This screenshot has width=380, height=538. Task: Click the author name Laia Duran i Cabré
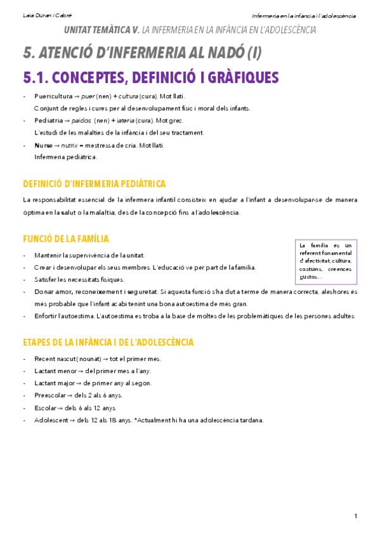(42, 15)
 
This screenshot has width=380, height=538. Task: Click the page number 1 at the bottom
(356, 515)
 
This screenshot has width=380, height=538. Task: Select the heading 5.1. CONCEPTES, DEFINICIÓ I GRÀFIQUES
(150, 77)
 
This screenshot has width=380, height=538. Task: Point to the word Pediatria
(49, 121)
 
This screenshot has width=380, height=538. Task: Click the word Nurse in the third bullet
(43, 145)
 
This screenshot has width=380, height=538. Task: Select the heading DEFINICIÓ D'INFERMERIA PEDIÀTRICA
(94, 184)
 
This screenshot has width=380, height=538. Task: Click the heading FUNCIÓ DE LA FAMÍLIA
(65, 239)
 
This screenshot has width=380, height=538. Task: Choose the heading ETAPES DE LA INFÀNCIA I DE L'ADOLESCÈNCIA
(108, 342)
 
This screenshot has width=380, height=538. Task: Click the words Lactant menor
(55, 371)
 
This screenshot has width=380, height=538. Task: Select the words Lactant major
(55, 383)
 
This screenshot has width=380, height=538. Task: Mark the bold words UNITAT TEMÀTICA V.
(102, 30)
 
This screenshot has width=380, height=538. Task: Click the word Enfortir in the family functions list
(46, 315)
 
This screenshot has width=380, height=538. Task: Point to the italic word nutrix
(61, 145)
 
